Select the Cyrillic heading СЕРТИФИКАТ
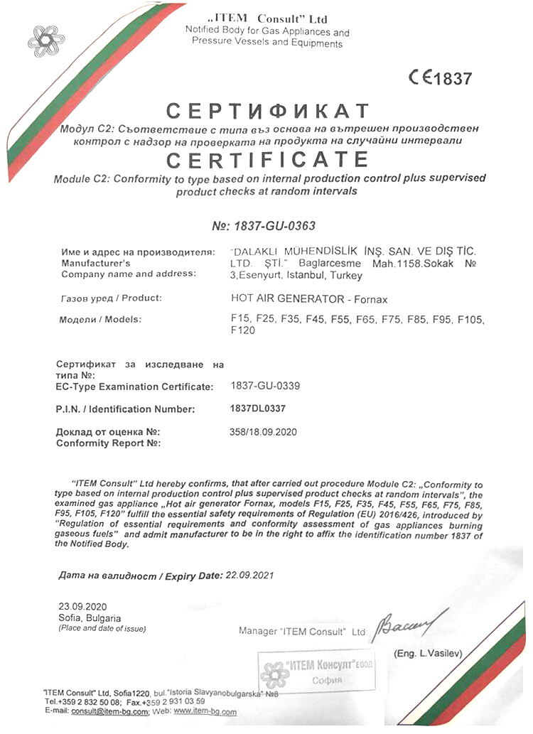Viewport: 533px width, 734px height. [267, 112]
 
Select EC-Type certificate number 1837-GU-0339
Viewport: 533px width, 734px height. [266, 387]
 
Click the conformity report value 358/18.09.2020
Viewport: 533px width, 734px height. [263, 432]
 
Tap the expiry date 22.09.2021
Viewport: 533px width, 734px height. [249, 575]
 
